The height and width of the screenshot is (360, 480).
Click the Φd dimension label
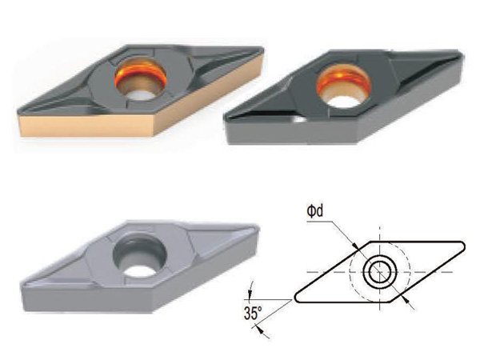(x=315, y=211)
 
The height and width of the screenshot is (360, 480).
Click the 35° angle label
(x=253, y=313)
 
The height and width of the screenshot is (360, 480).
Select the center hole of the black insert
(x=344, y=87)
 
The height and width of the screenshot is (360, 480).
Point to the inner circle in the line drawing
(x=379, y=272)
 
